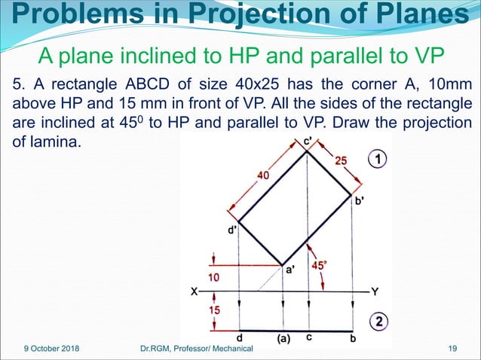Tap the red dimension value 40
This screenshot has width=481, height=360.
263,176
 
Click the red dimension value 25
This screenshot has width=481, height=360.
342,160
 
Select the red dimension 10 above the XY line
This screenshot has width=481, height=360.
215,277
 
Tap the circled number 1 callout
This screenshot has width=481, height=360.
378,159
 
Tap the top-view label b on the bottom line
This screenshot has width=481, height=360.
353,338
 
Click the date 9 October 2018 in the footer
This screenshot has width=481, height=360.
49,348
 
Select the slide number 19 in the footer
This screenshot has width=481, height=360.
453,348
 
